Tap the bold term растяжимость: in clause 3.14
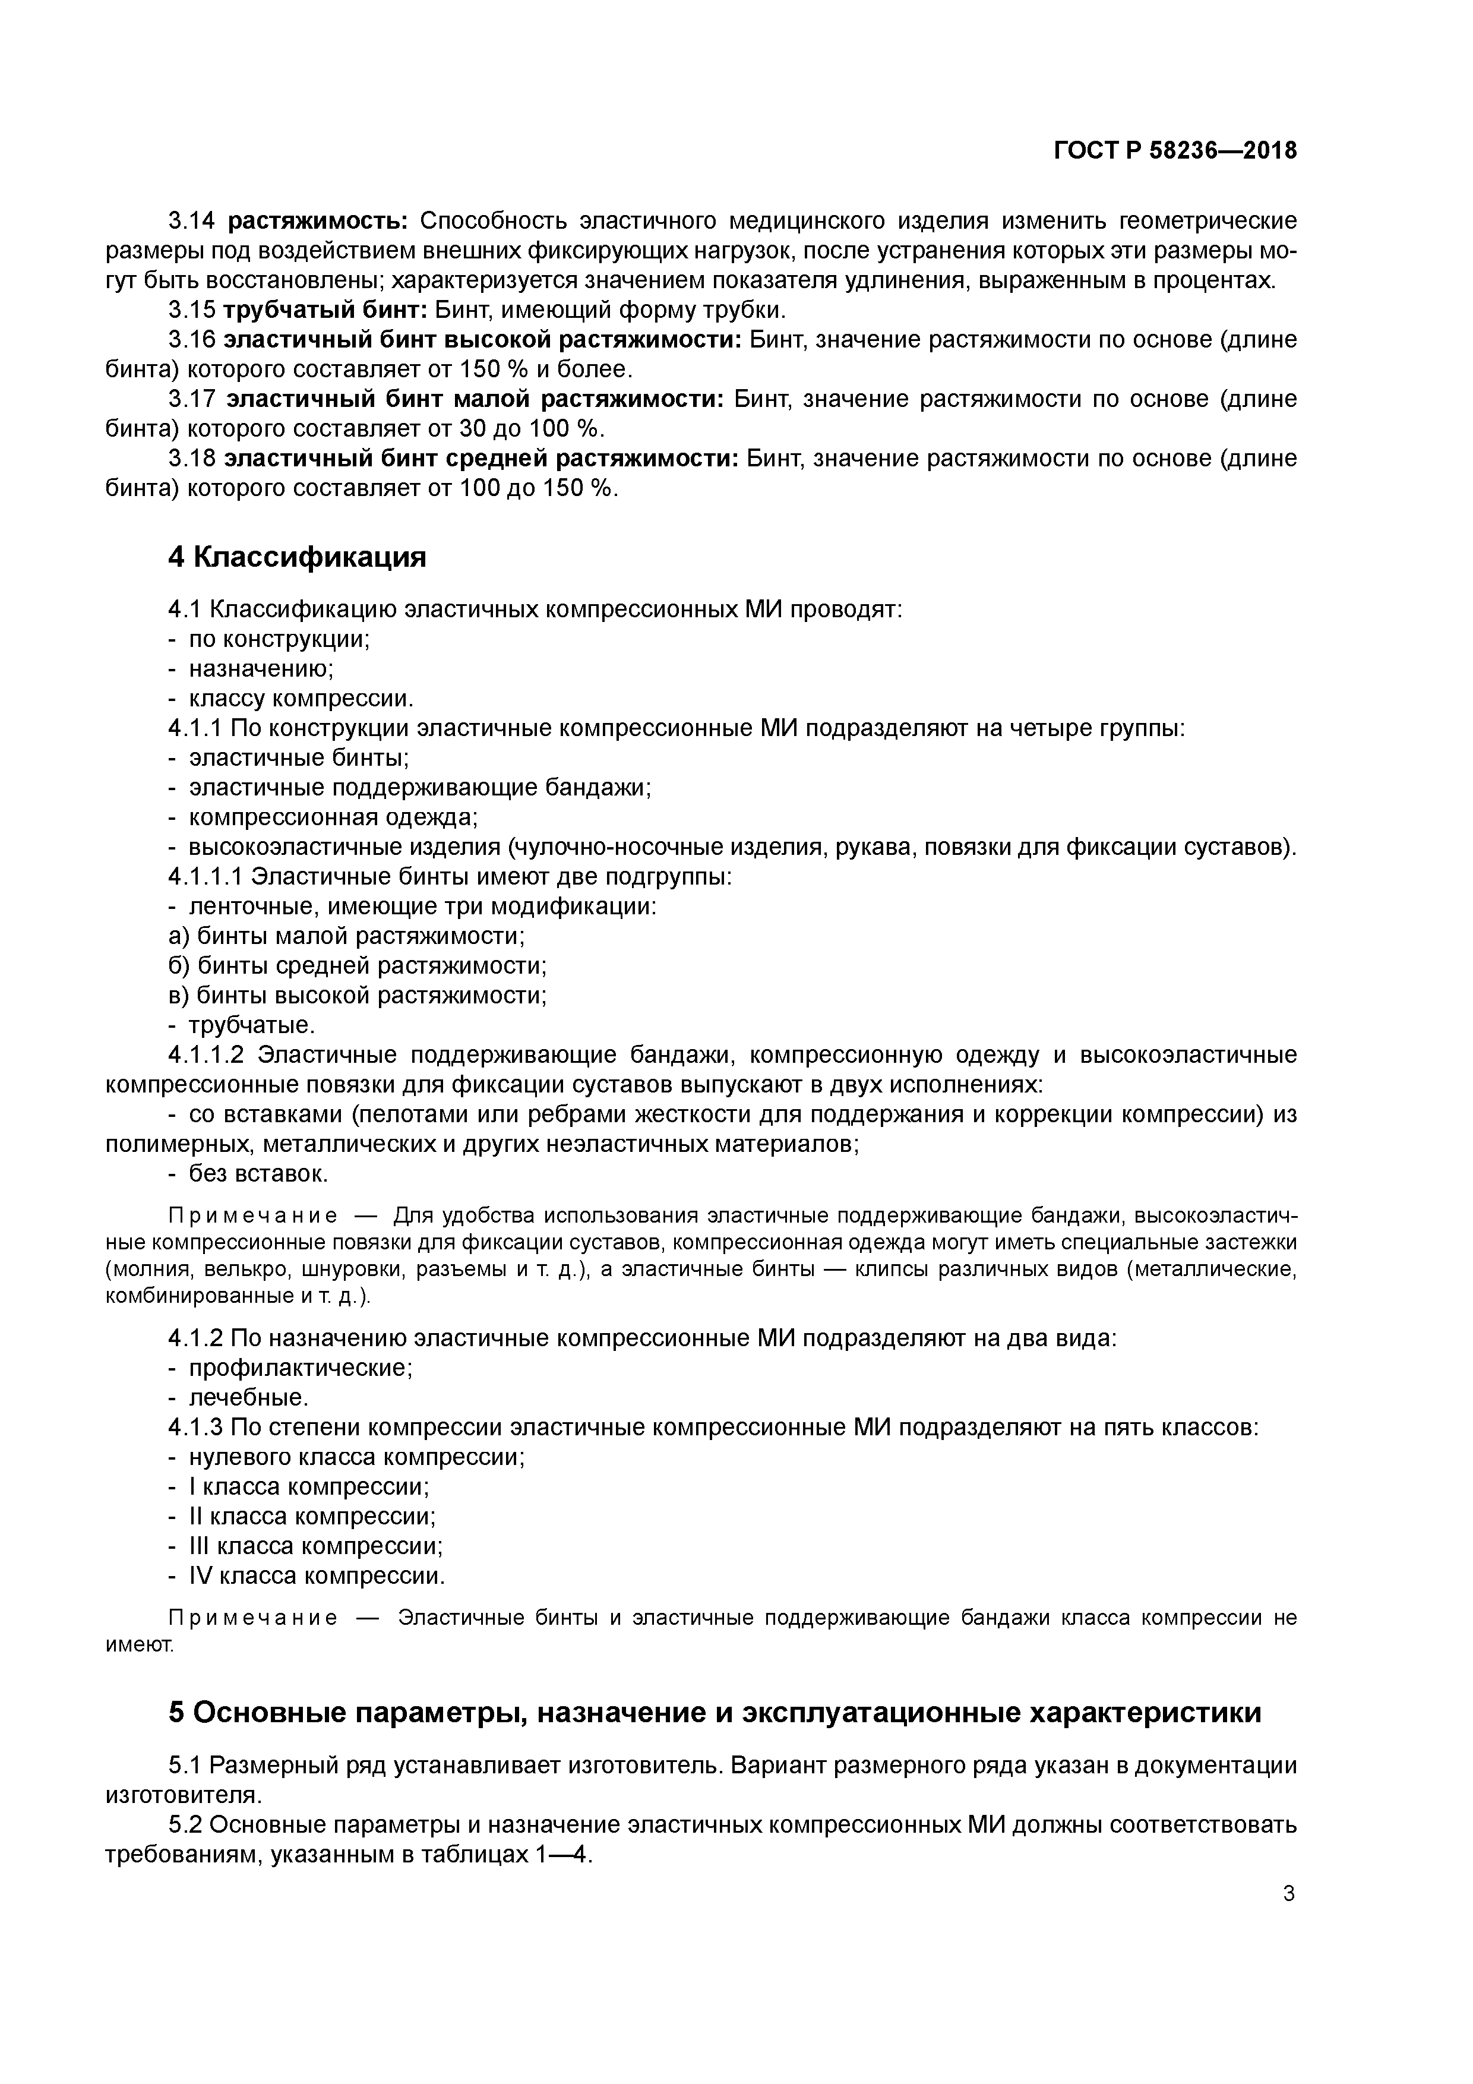[318, 220]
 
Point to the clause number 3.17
[192, 399]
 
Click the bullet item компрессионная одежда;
[332, 817]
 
